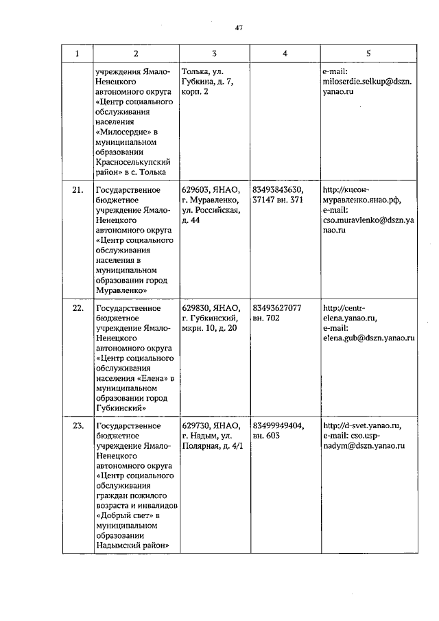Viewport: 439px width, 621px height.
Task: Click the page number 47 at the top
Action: click(x=238, y=28)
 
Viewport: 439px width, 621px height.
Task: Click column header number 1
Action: click(x=77, y=53)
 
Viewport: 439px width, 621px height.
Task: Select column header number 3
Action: click(x=215, y=53)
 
